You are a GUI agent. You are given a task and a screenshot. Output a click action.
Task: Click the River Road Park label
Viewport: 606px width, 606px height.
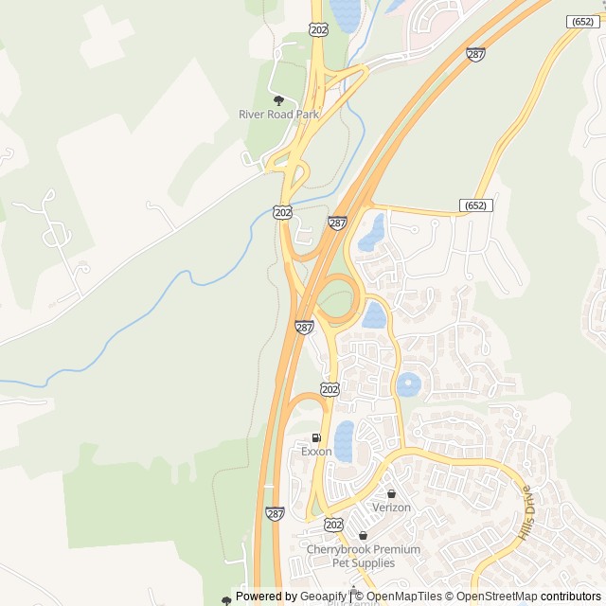coord(278,115)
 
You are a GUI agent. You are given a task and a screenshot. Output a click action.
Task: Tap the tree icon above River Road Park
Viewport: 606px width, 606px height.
coord(278,100)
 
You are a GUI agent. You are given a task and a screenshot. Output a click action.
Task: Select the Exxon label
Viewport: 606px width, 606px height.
coord(316,452)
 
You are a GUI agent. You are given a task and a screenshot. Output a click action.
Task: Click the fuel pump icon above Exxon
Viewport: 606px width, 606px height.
coord(316,438)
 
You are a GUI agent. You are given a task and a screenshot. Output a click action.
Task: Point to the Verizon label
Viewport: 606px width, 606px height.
coord(391,508)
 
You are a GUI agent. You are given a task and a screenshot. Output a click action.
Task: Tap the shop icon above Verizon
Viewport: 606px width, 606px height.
coord(391,493)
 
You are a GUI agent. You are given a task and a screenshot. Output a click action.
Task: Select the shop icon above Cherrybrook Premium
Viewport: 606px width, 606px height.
coord(363,536)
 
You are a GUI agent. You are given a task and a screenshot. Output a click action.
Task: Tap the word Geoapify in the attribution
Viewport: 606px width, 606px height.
coord(322,597)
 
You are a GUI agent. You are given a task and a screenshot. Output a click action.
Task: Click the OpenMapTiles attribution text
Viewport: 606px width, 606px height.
coord(404,597)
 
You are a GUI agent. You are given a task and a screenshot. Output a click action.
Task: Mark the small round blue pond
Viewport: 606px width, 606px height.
coord(408,384)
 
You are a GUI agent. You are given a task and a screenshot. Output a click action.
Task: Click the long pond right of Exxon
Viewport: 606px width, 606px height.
coord(344,440)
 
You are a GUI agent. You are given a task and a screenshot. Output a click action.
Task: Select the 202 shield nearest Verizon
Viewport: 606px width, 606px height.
coord(333,524)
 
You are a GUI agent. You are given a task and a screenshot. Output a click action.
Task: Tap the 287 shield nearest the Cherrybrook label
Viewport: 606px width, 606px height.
coord(275,513)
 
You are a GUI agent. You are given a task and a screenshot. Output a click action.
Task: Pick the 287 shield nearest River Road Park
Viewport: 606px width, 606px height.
coord(337,223)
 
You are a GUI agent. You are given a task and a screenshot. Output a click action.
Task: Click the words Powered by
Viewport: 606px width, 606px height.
coord(265,597)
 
